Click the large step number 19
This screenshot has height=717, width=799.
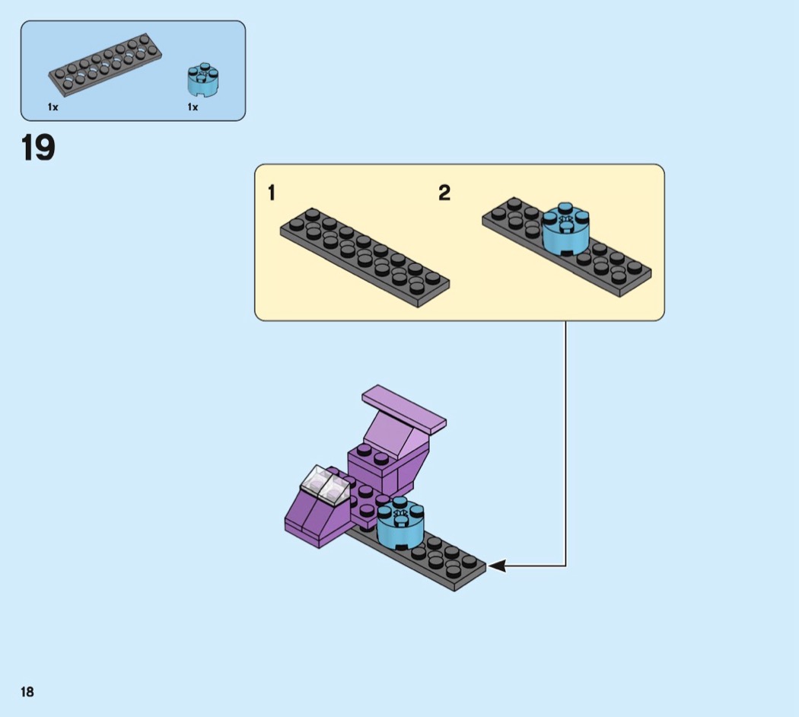click(x=38, y=148)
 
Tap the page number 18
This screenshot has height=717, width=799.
click(x=27, y=692)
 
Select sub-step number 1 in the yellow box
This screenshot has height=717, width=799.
click(x=272, y=193)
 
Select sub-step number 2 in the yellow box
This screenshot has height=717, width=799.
click(x=444, y=193)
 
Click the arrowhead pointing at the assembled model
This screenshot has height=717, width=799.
click(x=497, y=565)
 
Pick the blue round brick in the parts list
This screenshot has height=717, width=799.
click(x=203, y=79)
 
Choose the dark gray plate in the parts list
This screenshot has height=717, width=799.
click(x=106, y=63)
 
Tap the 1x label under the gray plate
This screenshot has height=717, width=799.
click(x=53, y=107)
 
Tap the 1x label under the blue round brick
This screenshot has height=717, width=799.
click(x=193, y=107)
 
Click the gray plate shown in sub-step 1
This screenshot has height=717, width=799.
click(x=364, y=257)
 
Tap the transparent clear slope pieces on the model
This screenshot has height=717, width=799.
click(x=325, y=485)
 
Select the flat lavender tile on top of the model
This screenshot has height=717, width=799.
click(x=404, y=407)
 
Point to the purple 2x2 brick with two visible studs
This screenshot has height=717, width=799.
click(x=373, y=469)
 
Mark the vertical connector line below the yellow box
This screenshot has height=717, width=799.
click(x=565, y=443)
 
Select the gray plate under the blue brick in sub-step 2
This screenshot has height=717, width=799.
click(x=567, y=247)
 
